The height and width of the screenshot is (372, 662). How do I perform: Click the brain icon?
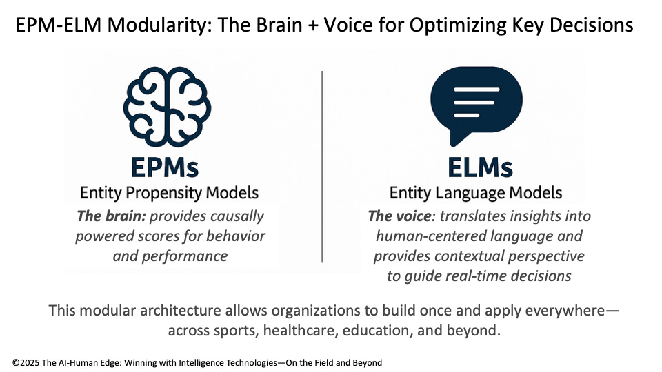166,104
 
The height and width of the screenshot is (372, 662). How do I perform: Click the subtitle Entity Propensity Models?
170,193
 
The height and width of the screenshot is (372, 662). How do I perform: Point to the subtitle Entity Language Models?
476,193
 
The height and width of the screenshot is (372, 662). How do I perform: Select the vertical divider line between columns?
322,165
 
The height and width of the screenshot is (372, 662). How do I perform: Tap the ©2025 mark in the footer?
27,362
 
